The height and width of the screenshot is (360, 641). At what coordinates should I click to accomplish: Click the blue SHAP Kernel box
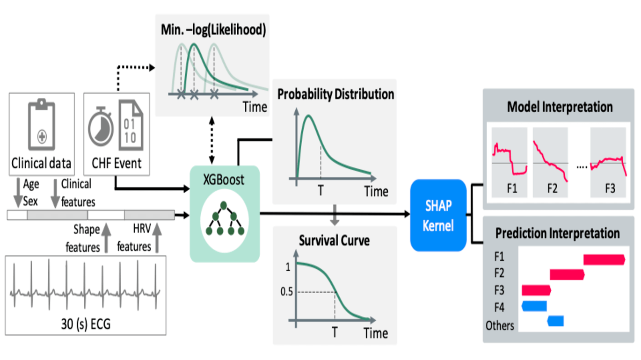438,216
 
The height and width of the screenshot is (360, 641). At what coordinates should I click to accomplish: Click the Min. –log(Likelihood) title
211,30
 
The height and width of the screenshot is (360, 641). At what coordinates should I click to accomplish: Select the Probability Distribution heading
335,94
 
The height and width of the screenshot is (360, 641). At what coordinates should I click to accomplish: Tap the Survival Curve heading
335,241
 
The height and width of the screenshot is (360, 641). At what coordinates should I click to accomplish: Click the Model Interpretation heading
560,107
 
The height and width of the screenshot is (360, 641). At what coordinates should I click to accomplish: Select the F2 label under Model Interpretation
553,189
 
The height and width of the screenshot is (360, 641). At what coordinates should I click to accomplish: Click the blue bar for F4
534,306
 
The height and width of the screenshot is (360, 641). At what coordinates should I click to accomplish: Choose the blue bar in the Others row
556,321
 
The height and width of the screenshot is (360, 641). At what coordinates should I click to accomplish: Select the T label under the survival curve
335,332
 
